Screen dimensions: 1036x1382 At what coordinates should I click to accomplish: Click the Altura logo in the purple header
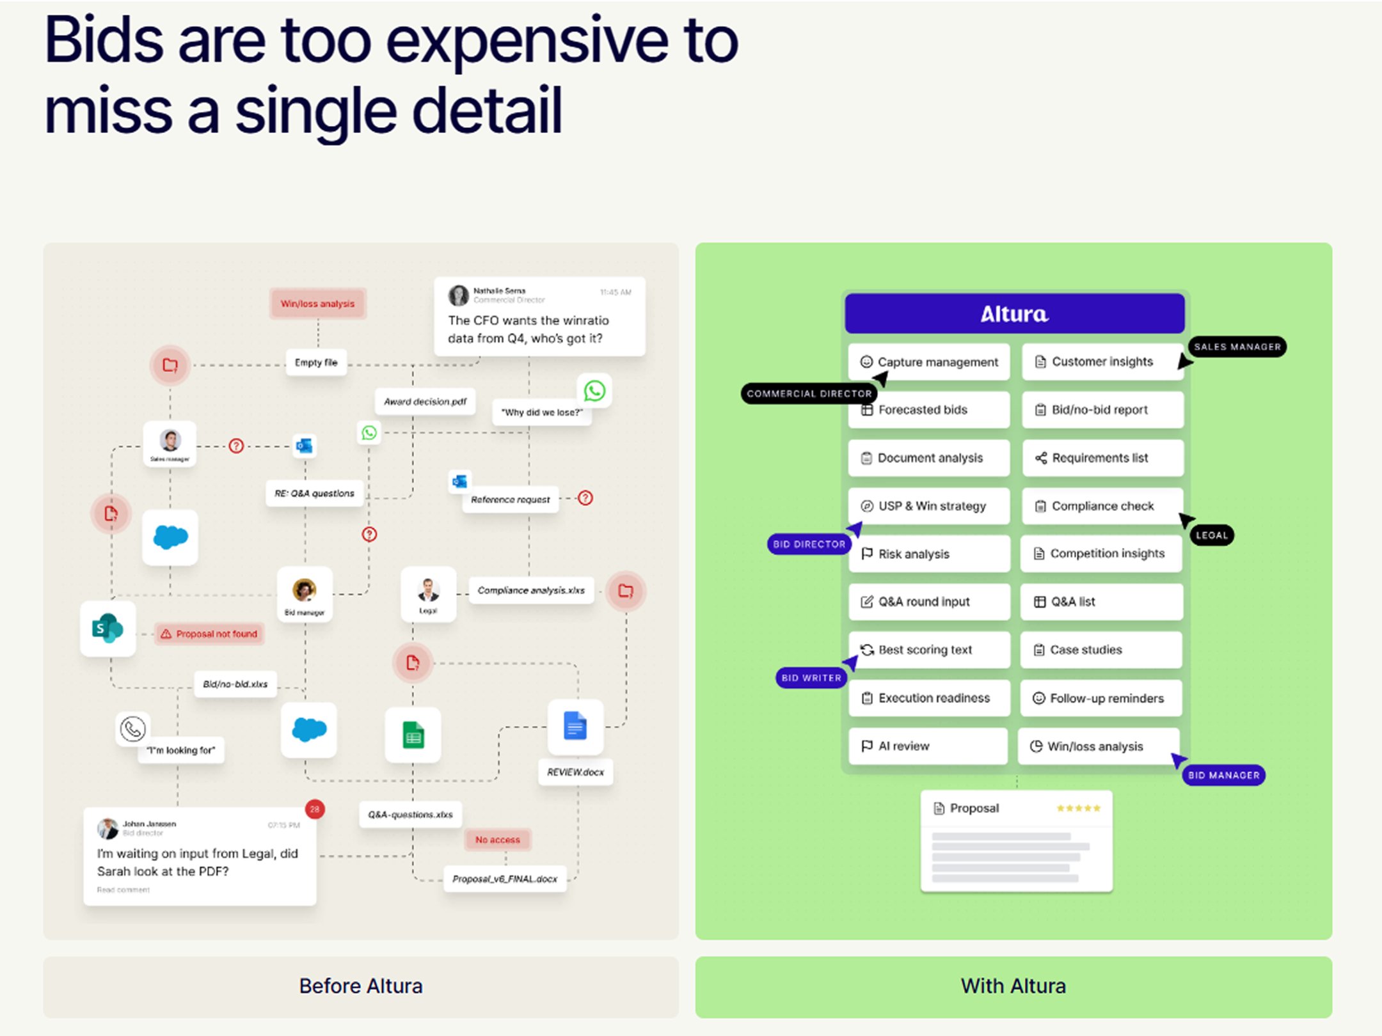point(1014,314)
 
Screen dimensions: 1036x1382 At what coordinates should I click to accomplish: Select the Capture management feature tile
point(929,362)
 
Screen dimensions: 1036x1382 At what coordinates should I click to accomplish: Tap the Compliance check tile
point(1102,506)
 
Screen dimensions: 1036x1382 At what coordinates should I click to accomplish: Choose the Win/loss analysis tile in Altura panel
point(1098,746)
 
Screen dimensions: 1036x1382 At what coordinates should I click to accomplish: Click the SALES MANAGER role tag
point(1237,347)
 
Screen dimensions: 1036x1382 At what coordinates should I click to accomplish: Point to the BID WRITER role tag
point(811,678)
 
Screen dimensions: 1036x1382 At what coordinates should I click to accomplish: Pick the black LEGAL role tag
point(1212,535)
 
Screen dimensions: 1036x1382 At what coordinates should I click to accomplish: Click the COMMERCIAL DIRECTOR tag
point(809,393)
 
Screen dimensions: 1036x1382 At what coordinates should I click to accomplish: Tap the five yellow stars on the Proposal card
point(1078,808)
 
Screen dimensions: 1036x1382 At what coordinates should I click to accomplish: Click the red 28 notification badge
point(315,809)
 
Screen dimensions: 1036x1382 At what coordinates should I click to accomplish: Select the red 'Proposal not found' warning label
point(209,634)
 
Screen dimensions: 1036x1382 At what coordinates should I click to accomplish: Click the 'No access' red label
point(498,840)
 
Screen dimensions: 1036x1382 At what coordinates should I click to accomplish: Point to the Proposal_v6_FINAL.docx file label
point(505,879)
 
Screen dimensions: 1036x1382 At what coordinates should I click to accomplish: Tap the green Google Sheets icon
point(413,735)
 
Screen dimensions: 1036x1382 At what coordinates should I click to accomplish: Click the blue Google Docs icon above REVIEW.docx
point(575,727)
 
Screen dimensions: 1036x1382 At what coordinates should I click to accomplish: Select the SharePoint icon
point(107,628)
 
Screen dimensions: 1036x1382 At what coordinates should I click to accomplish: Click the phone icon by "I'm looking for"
point(133,728)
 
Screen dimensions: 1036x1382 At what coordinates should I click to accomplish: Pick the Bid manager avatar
point(305,590)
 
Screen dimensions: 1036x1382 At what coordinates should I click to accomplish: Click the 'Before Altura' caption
point(361,986)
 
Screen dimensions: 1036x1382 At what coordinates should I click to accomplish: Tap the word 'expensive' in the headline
point(528,42)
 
